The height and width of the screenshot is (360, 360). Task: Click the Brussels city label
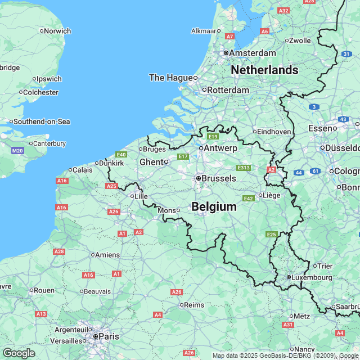click(x=219, y=178)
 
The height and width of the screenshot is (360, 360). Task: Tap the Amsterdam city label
click(x=253, y=53)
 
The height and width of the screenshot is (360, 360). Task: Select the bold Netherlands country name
click(x=264, y=70)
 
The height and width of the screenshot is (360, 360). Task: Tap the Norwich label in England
click(x=57, y=31)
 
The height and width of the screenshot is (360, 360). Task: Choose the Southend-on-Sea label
click(x=41, y=121)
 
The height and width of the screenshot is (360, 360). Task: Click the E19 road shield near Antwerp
click(x=213, y=136)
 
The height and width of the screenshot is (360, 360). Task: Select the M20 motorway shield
click(x=17, y=151)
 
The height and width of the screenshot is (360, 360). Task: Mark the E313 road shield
click(x=244, y=168)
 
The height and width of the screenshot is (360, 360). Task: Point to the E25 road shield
click(x=272, y=234)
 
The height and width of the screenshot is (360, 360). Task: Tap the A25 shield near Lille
click(x=111, y=186)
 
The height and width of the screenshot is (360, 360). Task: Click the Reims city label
click(x=194, y=305)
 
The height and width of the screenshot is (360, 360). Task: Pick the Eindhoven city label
click(x=275, y=131)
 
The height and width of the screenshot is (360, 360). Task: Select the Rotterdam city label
click(x=228, y=90)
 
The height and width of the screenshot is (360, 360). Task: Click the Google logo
click(x=19, y=353)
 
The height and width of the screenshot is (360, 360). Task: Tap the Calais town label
click(x=82, y=169)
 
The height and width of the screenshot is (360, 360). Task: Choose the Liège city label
click(x=271, y=195)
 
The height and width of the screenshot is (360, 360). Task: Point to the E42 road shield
click(x=248, y=199)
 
